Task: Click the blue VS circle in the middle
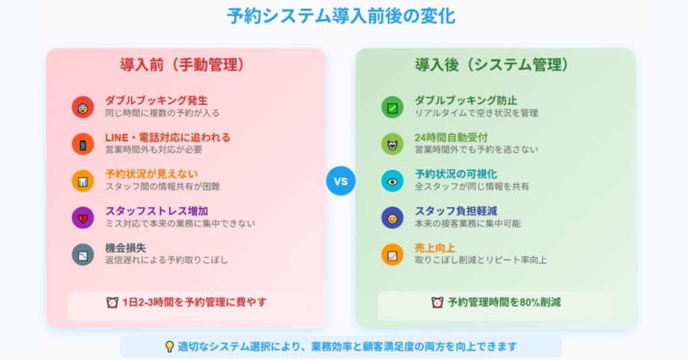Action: tap(341, 181)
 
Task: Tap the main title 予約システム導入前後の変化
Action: tap(341, 16)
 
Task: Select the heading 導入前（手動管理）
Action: tap(182, 65)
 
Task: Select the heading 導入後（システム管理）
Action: tap(492, 65)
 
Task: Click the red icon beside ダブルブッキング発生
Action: tap(83, 107)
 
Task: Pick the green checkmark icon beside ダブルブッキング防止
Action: tap(392, 107)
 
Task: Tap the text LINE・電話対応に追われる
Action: tap(167, 138)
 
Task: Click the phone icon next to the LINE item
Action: tap(83, 144)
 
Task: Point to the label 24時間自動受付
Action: tap(451, 138)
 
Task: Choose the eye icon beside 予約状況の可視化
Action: tap(392, 181)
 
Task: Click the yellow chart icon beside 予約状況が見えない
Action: tap(83, 181)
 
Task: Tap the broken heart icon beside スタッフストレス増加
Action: tap(83, 218)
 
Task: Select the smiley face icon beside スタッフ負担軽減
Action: tap(392, 218)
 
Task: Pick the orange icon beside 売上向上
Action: tap(392, 255)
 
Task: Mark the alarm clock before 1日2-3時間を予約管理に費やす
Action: tap(112, 302)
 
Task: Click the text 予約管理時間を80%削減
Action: tap(504, 302)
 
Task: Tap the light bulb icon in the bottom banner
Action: tap(169, 347)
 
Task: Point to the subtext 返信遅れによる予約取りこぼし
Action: tap(167, 260)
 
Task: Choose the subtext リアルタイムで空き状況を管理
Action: tap(476, 113)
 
